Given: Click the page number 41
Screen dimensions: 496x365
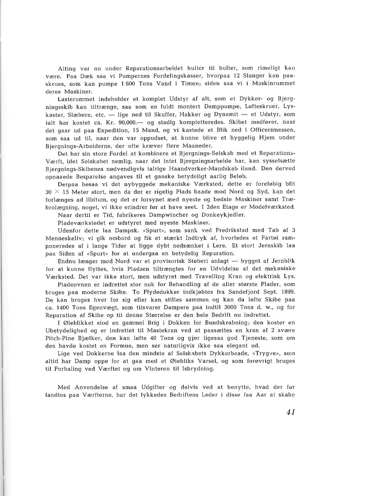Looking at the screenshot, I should pos(290,412).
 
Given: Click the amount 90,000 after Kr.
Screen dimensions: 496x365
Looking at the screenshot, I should pos(126,122).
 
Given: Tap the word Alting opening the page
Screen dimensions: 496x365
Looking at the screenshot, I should pos(67,69).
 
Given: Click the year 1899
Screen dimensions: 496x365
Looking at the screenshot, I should pos(287,292).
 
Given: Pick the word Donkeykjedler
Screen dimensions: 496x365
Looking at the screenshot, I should pos(224,215).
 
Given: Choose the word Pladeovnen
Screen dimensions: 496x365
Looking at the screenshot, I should pos(73,284).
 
